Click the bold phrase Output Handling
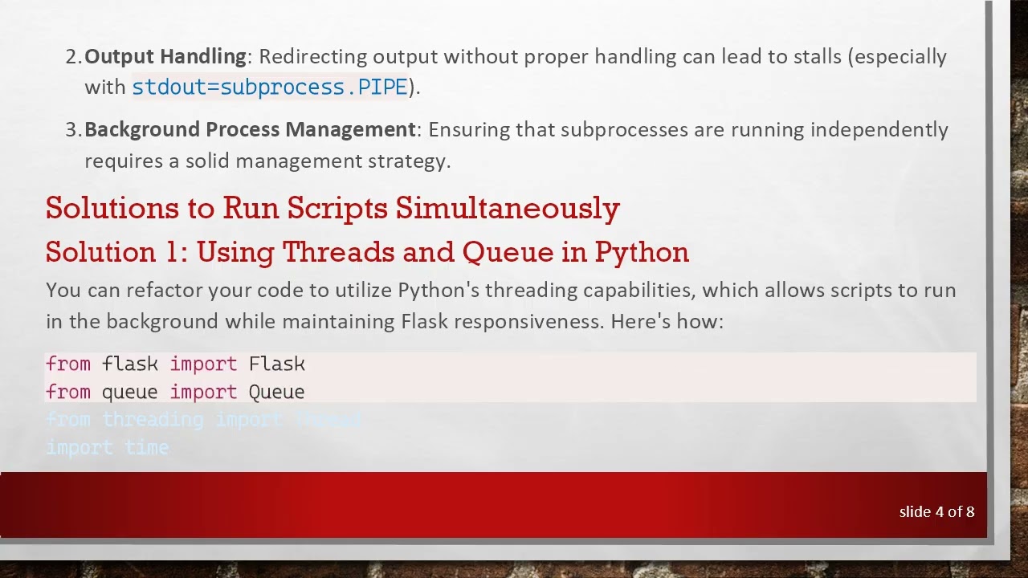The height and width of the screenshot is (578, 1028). [x=165, y=56]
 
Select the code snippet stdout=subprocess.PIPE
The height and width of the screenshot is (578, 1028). [x=270, y=88]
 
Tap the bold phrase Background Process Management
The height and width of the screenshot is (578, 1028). [x=250, y=129]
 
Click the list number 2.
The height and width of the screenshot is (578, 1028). [x=72, y=56]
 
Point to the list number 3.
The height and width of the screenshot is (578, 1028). [x=72, y=129]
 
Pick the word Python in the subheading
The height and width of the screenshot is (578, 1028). [x=642, y=252]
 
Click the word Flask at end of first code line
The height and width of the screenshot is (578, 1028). [x=277, y=364]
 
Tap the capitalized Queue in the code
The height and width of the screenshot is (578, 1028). [x=277, y=392]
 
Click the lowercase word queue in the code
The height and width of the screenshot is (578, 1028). [x=129, y=392]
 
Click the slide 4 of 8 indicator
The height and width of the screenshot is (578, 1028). [x=936, y=511]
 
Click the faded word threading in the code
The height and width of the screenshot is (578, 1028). [x=153, y=420]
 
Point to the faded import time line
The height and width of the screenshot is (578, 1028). [x=108, y=448]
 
